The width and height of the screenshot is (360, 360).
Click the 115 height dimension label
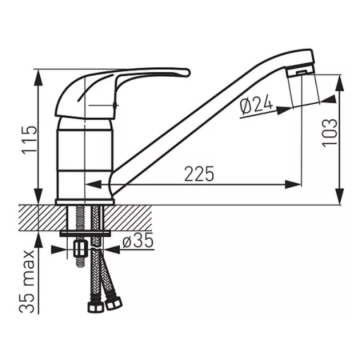[30, 140]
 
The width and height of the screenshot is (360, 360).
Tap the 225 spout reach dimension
[199, 174]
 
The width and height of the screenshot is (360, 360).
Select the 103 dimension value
[330, 133]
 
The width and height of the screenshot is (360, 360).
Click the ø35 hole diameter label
[138, 241]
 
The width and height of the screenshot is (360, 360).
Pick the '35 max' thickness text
[27, 282]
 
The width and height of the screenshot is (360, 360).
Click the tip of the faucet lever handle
[188, 72]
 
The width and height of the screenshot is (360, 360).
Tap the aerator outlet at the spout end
[301, 72]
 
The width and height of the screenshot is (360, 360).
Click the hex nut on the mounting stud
[80, 249]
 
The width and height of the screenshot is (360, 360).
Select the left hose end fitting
[95, 306]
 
